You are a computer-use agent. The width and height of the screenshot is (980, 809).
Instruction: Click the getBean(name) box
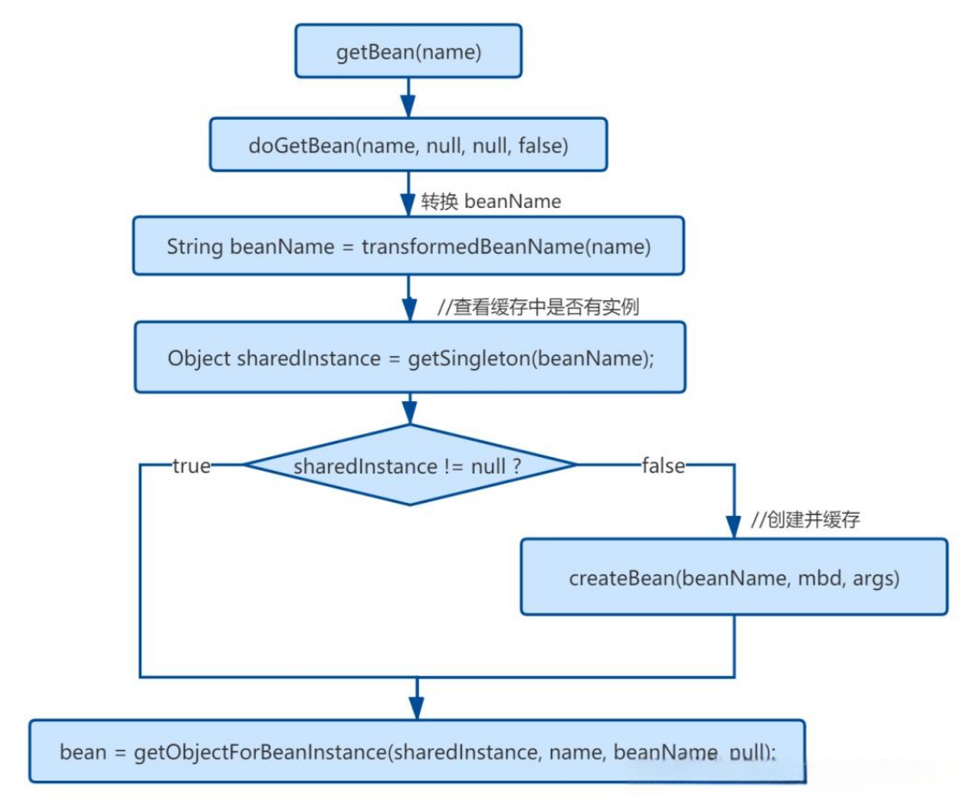tap(409, 52)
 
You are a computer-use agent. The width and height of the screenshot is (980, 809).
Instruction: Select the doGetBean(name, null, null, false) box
tap(409, 145)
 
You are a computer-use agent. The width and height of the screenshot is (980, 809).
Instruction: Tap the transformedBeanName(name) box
tap(409, 247)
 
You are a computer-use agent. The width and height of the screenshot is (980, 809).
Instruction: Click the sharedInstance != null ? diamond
tap(409, 466)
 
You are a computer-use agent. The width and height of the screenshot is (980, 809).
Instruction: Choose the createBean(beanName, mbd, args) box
tap(733, 578)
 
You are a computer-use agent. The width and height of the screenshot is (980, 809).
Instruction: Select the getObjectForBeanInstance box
tap(417, 751)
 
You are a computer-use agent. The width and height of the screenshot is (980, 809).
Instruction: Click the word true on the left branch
tap(191, 466)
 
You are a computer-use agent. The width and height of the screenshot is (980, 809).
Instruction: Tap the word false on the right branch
tap(663, 466)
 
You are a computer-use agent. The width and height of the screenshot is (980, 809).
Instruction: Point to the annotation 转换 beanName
tap(490, 202)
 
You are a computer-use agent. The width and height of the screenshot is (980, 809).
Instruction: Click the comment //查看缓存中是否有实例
tap(538, 307)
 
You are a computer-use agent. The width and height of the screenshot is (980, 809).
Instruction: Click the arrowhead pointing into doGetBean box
tap(409, 106)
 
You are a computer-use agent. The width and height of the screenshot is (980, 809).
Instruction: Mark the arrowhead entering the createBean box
tap(733, 526)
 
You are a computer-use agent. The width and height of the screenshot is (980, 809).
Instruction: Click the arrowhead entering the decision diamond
tap(409, 412)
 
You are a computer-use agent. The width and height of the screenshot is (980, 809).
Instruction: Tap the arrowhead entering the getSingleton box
tap(409, 310)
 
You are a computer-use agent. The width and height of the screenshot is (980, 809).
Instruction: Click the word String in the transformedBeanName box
tap(196, 247)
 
